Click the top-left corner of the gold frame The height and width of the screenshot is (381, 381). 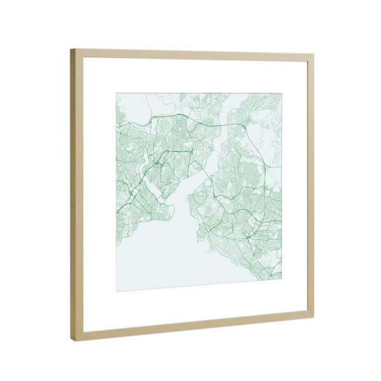[71, 50]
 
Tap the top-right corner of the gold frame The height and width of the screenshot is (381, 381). [313, 55]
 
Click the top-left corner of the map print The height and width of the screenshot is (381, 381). [116, 93]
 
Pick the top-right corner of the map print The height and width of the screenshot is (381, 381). [281, 94]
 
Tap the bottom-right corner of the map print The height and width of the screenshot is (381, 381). [281, 279]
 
